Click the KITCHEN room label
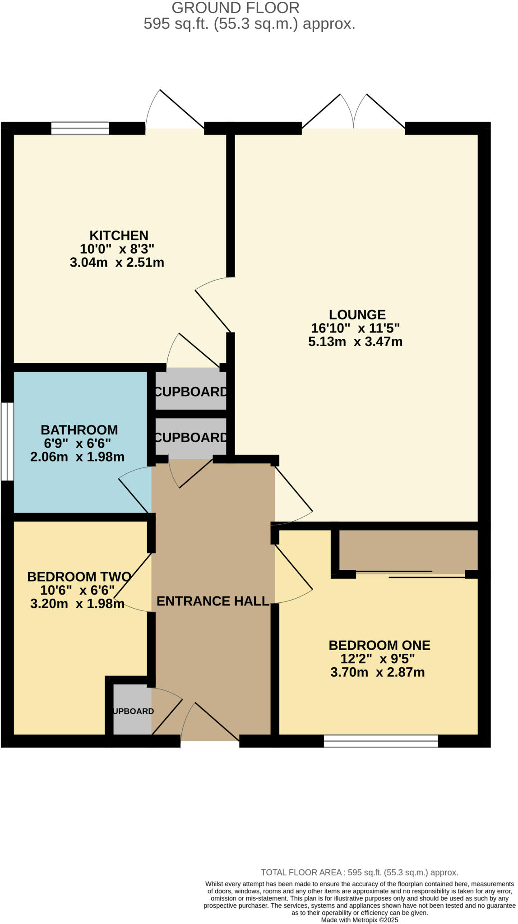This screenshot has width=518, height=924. (x=119, y=236)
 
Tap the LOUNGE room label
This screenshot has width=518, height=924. (x=357, y=314)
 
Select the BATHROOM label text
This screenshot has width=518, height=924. (x=79, y=430)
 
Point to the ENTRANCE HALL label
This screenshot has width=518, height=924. (x=213, y=601)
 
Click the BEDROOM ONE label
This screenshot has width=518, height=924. (x=379, y=645)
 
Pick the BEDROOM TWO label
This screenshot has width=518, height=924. (x=79, y=577)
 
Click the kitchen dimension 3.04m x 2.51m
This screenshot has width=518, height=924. (x=117, y=263)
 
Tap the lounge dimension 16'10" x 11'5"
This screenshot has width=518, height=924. (x=356, y=328)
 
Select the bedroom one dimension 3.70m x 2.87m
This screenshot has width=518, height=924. (x=377, y=672)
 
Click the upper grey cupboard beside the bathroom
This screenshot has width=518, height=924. (x=190, y=391)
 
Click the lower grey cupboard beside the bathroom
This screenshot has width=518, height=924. (x=190, y=437)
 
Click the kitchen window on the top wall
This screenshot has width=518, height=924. (x=80, y=128)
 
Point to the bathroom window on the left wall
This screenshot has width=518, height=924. (x=7, y=441)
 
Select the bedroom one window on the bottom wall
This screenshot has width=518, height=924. (x=381, y=741)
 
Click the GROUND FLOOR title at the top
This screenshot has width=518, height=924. (x=236, y=8)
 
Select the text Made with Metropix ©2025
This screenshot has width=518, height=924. (x=359, y=919)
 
